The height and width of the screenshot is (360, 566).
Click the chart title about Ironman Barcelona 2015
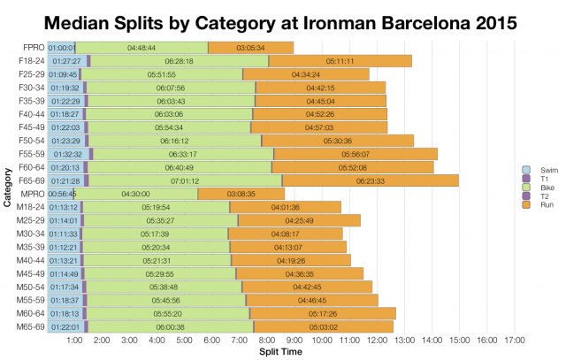tap(283, 19)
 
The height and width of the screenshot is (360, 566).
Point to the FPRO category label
tap(33, 47)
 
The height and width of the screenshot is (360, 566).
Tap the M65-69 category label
tap(31, 326)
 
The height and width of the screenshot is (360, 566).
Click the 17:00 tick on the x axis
tap(515, 340)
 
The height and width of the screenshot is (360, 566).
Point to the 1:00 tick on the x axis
tap(75, 340)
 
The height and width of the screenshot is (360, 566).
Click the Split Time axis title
tap(283, 352)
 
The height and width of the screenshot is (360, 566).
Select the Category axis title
tap(7, 187)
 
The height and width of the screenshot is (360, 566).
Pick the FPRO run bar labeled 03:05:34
tap(251, 47)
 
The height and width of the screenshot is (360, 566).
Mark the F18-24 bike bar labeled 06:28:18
tap(179, 61)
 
